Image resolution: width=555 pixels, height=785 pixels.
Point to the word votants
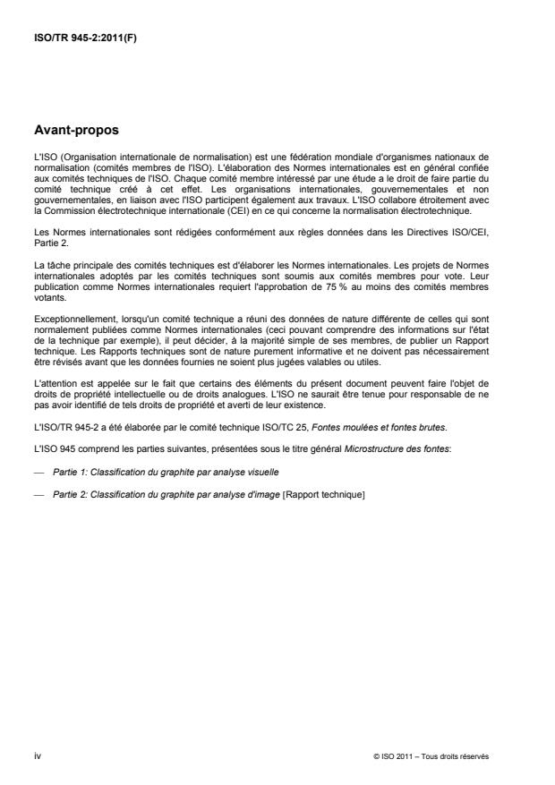click(45, 303)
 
